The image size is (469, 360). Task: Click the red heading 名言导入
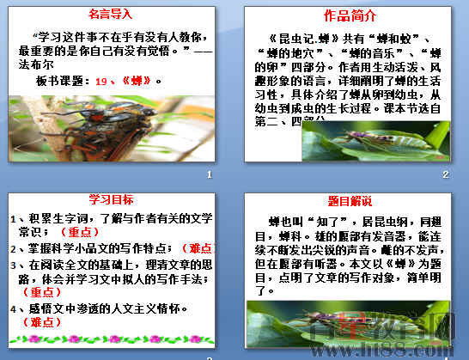tap(112, 14)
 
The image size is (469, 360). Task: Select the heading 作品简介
tap(350, 16)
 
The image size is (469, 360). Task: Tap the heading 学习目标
tap(112, 200)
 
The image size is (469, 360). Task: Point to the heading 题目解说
tap(350, 202)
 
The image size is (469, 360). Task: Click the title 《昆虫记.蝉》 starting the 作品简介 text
tap(302, 39)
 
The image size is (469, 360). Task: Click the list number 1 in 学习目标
tap(10, 219)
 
